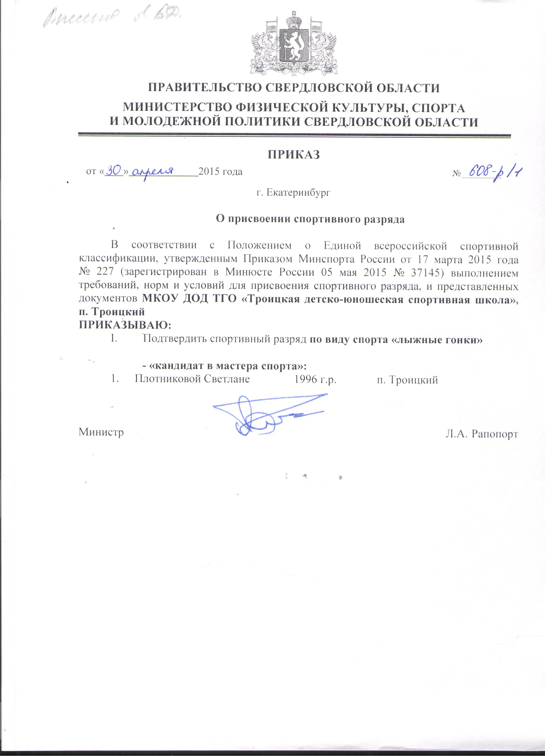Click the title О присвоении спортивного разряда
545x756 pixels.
(310, 219)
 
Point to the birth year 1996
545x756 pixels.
(306, 379)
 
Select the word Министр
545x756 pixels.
(101, 432)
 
